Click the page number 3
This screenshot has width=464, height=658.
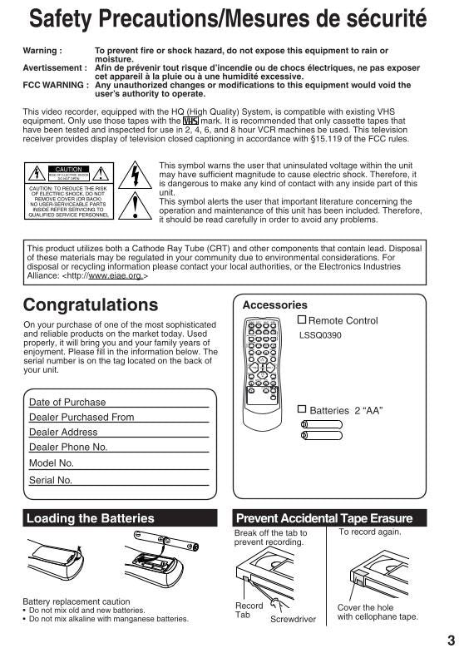tap(450, 640)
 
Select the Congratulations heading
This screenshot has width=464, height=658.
tap(91, 304)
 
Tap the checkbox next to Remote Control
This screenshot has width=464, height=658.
tap(303, 320)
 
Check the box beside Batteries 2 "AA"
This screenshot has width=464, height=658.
tap(303, 408)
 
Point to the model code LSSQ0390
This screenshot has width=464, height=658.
tap(321, 337)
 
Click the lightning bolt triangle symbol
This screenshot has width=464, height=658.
tap(135, 176)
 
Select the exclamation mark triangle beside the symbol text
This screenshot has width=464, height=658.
tap(135, 205)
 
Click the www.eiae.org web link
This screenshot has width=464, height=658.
tap(116, 275)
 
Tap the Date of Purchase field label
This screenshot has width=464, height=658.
tap(67, 403)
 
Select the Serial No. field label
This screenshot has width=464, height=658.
tap(51, 480)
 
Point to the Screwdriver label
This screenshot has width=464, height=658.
tap(293, 619)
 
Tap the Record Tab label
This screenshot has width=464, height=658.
tap(249, 611)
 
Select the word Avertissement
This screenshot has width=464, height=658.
tap(54, 68)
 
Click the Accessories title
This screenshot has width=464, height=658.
tap(274, 305)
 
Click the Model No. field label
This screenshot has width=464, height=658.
tap(52, 463)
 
